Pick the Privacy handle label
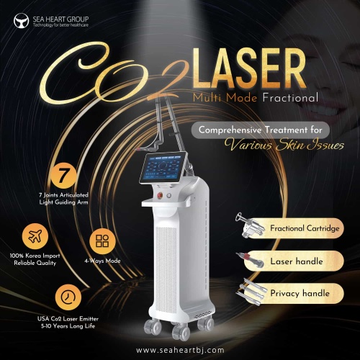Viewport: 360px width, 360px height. tap(300, 293)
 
